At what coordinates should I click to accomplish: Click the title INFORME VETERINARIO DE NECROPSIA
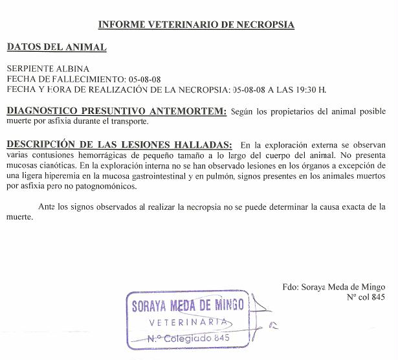click(x=196, y=25)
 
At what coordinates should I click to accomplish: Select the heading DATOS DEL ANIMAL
click(x=56, y=47)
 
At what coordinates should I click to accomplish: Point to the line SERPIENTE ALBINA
click(x=48, y=69)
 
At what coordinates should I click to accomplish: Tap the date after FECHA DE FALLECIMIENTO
click(x=144, y=78)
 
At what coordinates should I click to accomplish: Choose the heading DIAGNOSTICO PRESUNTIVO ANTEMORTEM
click(x=116, y=111)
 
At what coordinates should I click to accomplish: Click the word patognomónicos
click(x=100, y=187)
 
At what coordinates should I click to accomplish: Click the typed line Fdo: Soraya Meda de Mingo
click(x=334, y=287)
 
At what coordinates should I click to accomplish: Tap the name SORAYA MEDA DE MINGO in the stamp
click(x=188, y=306)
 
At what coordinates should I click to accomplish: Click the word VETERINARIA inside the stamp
click(x=188, y=322)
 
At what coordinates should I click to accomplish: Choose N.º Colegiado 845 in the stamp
click(x=188, y=337)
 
